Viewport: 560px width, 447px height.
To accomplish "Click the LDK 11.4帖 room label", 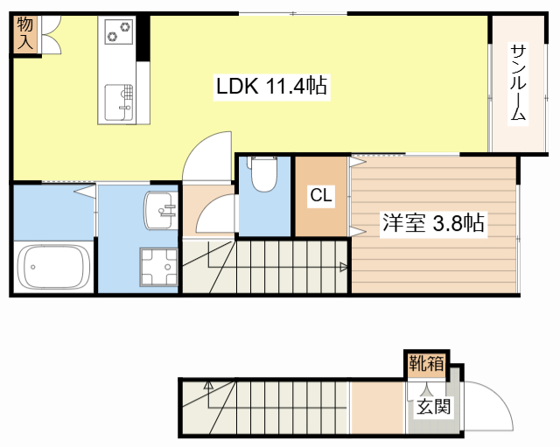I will [x=271, y=87].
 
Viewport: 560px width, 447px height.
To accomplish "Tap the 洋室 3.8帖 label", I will [x=432, y=223].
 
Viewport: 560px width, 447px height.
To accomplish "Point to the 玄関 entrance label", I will [x=432, y=407].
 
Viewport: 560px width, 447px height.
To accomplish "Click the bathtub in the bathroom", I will [x=54, y=267].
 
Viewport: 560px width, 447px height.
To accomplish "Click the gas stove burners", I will [x=118, y=33].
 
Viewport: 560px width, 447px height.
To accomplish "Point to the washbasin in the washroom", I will [x=159, y=210].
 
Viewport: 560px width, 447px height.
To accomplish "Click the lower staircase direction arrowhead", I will [x=208, y=384].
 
